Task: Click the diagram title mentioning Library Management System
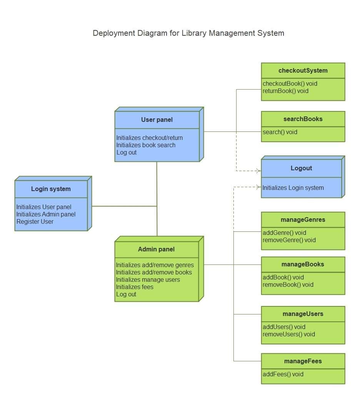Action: [x=188, y=33]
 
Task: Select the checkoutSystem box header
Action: [x=303, y=70]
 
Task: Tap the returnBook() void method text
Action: [x=285, y=91]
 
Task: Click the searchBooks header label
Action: [x=303, y=119]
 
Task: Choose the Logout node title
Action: [x=301, y=168]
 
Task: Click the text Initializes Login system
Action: [x=293, y=188]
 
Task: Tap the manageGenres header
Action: [x=303, y=219]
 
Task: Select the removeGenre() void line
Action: [x=289, y=240]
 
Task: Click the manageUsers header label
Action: [x=303, y=314]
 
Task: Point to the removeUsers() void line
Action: [x=288, y=334]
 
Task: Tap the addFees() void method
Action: [x=283, y=374]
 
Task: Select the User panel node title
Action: [x=157, y=120]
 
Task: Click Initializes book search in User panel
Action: [x=146, y=145]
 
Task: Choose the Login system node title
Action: [x=51, y=189]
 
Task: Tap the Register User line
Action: [x=35, y=221]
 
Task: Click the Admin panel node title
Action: [x=156, y=249]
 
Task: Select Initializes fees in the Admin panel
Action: [x=135, y=287]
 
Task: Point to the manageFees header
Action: [x=303, y=361]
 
